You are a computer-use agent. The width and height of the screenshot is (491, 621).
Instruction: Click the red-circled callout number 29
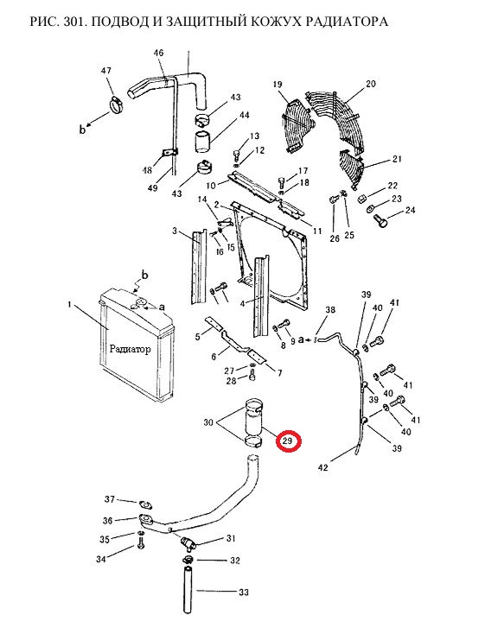coord(289,440)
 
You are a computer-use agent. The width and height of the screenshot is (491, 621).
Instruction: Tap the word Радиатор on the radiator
coord(130,349)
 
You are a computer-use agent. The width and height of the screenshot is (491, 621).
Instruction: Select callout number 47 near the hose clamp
coord(105,71)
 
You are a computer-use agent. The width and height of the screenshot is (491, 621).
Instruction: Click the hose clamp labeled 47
coord(116,105)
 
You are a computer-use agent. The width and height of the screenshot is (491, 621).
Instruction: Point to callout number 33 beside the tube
coord(243,592)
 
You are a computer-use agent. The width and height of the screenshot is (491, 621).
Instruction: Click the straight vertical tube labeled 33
coord(188,589)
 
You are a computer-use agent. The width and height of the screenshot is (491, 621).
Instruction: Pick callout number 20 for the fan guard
coord(370,84)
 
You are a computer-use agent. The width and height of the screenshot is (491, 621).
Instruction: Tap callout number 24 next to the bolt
coord(410,210)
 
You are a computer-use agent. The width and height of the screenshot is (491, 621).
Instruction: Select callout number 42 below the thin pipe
coord(323,467)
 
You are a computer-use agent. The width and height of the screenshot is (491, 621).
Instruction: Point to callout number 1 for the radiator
coord(70,305)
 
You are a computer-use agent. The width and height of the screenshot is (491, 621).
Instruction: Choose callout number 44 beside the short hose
coord(244,115)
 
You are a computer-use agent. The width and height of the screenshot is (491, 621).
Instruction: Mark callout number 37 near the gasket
coord(110,499)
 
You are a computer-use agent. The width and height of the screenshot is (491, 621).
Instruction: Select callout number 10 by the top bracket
coord(211,186)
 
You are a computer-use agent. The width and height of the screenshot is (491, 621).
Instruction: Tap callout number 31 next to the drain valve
coord(231,538)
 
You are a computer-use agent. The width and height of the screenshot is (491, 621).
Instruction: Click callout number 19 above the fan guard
coord(277,84)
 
